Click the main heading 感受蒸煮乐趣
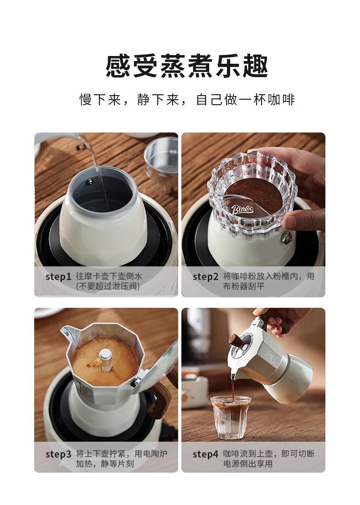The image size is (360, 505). pyautogui.click(x=186, y=66)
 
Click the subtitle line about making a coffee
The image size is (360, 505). pyautogui.click(x=187, y=100)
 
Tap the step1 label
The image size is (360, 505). pyautogui.click(x=58, y=277)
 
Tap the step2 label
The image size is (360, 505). pyautogui.click(x=206, y=277)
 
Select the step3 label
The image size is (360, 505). pyautogui.click(x=58, y=454)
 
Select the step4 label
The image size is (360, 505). pyautogui.click(x=206, y=454)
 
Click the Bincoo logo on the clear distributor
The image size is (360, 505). pyautogui.click(x=242, y=209)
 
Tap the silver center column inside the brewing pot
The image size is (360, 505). pyautogui.click(x=105, y=359)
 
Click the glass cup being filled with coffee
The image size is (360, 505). pyautogui.click(x=226, y=418)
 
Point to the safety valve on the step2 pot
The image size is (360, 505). pyautogui.click(x=287, y=238)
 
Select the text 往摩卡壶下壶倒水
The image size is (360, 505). pyautogui.click(x=109, y=276)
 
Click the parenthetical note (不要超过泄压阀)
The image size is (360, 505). pyautogui.click(x=108, y=286)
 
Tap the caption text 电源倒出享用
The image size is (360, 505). pyautogui.click(x=248, y=464)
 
